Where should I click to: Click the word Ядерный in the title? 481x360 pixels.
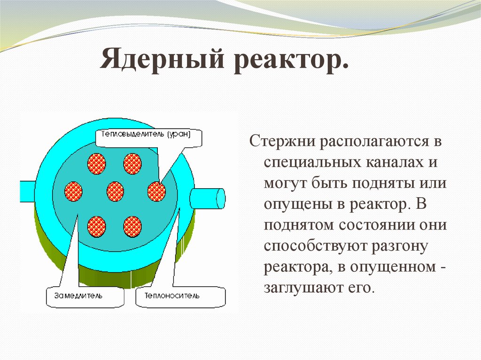click(162, 58)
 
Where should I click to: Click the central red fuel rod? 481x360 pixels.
click(116, 191)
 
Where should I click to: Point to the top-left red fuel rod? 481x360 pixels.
click(97, 164)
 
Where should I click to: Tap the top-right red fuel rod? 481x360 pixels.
click(132, 164)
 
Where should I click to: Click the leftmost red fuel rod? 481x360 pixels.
click(73, 191)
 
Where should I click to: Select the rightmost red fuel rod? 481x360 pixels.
click(156, 191)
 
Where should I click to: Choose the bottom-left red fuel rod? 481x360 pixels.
click(97, 227)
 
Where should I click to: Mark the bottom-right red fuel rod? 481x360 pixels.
click(132, 227)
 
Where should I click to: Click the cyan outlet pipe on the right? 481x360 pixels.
click(208, 199)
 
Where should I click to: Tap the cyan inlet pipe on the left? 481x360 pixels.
click(28, 191)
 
